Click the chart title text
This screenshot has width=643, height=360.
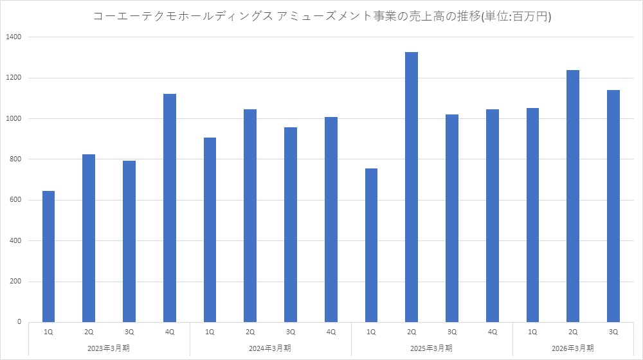322,17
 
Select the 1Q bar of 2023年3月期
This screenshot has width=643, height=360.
48,256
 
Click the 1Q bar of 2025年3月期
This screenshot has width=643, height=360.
371,245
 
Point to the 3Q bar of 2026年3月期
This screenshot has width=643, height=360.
613,206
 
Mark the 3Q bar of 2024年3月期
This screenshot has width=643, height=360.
291,224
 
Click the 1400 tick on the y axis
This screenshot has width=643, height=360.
14,37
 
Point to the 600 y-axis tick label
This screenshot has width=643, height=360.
16,200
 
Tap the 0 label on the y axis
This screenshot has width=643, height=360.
19,322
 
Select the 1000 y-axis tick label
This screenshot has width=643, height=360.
14,119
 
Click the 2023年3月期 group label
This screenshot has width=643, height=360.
109,348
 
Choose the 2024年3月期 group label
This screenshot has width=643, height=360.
271,348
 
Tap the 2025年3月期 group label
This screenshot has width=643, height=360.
432,348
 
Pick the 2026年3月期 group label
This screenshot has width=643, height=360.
574,348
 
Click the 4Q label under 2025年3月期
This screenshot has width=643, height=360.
493,332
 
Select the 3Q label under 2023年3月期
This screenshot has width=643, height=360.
129,332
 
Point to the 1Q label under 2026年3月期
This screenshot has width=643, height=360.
532,332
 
